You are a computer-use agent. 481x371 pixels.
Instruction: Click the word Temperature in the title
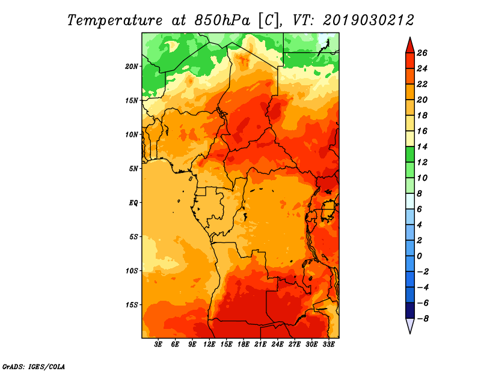pyautogui.click(x=115, y=20)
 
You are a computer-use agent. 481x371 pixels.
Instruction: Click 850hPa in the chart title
pyautogui.click(x=222, y=20)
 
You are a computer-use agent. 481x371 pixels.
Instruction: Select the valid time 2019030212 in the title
pyautogui.click(x=369, y=20)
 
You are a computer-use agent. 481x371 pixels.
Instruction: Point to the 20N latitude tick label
pyautogui.click(x=132, y=66)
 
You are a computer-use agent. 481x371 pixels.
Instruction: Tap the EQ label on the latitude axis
pyautogui.click(x=133, y=202)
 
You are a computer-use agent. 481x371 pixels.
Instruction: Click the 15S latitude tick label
pyautogui.click(x=132, y=305)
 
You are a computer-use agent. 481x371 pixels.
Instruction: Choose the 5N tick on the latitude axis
pyautogui.click(x=133, y=169)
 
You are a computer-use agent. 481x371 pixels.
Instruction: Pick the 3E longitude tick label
pyautogui.click(x=158, y=344)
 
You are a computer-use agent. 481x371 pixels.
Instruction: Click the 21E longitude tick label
pyautogui.click(x=260, y=344)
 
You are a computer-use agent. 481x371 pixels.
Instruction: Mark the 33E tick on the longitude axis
pyautogui.click(x=328, y=344)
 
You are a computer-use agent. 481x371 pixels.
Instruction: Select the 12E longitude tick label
pyautogui.click(x=209, y=344)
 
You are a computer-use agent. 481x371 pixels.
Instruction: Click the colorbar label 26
pyautogui.click(x=422, y=53)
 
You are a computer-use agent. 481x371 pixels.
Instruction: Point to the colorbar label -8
pyautogui.click(x=423, y=318)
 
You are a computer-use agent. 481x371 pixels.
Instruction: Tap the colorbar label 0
pyautogui.click(x=419, y=256)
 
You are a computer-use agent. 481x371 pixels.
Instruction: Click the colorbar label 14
pyautogui.click(x=422, y=146)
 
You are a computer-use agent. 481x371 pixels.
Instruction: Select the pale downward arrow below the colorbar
pyautogui.click(x=410, y=325)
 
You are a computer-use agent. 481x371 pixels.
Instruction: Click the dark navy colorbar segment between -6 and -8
pyautogui.click(x=410, y=310)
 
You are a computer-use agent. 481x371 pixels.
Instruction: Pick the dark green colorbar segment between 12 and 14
pyautogui.click(x=410, y=154)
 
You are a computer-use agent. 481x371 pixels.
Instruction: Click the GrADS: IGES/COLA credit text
pyautogui.click(x=34, y=366)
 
